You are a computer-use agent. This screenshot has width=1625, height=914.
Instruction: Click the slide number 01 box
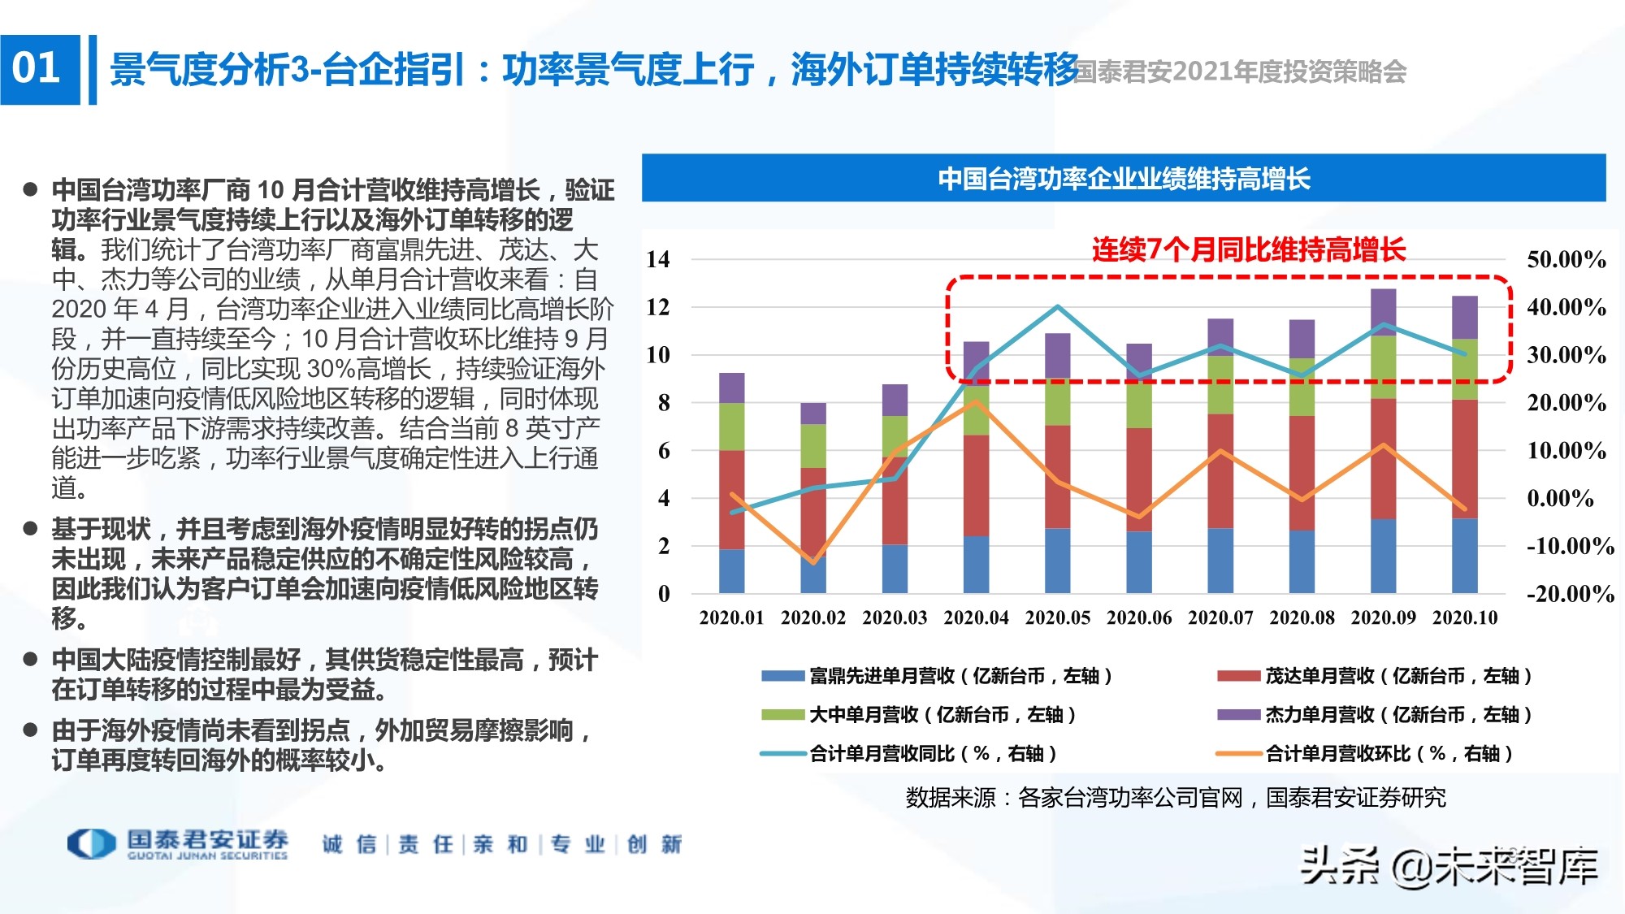pyautogui.click(x=39, y=69)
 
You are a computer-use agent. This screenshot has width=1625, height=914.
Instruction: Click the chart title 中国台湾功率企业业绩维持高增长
pyautogui.click(x=1124, y=178)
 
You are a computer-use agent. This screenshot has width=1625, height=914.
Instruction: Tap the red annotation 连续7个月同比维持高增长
pyautogui.click(x=1248, y=249)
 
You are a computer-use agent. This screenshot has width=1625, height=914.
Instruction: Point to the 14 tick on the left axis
pyautogui.click(x=658, y=260)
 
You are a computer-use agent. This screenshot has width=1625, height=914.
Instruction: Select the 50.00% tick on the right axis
pyautogui.click(x=1566, y=260)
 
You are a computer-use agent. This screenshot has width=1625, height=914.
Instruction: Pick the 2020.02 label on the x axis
pyautogui.click(x=812, y=617)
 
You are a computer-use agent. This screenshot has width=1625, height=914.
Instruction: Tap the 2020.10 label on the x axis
pyautogui.click(x=1464, y=617)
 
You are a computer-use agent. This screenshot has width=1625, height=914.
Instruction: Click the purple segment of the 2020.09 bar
pyautogui.click(x=1383, y=311)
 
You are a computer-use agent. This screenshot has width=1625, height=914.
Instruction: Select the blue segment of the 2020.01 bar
pyautogui.click(x=731, y=571)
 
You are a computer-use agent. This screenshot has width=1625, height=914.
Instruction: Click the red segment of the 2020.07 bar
pyautogui.click(x=1220, y=471)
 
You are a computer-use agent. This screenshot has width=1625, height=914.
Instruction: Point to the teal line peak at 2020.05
pyautogui.click(x=1057, y=306)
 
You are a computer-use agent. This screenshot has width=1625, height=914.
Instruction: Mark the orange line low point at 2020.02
pyautogui.click(x=813, y=561)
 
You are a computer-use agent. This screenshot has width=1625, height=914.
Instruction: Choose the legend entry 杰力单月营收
pyautogui.click(x=1373, y=715)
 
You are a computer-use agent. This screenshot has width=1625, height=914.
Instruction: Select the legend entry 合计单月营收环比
pyautogui.click(x=1365, y=754)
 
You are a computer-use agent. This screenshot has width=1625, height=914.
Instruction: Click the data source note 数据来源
pyautogui.click(x=1175, y=798)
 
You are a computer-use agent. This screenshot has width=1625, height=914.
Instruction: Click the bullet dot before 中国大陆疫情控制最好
pyautogui.click(x=31, y=659)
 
